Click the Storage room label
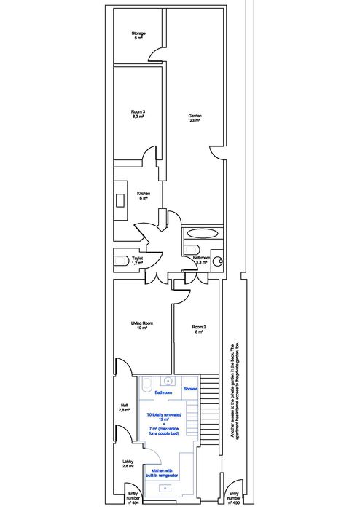point(138,36)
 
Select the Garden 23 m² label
point(195,119)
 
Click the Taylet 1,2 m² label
point(137,261)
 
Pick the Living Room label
point(141,325)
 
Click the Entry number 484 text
point(133,497)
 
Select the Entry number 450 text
point(234,497)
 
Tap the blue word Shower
point(190,390)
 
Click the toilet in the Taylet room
point(121,261)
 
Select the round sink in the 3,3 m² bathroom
point(216,262)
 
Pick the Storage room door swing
point(155,54)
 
